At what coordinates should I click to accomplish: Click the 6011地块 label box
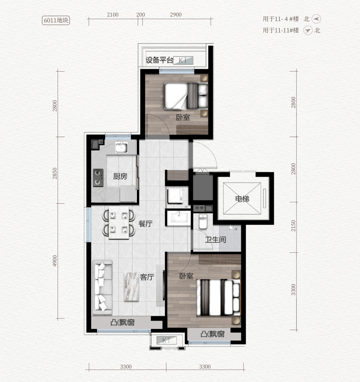tap(56, 20)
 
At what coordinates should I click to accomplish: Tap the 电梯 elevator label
tap(242, 199)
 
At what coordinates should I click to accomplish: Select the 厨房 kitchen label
tap(120, 176)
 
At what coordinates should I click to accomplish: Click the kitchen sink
tap(121, 148)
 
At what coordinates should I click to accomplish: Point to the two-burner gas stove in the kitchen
tap(98, 178)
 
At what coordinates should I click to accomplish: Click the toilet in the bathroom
tap(203, 221)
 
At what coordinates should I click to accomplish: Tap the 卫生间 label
tap(215, 240)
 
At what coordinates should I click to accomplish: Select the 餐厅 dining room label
tap(146, 224)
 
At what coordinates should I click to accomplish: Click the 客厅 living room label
tap(147, 277)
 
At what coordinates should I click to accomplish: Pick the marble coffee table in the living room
tap(131, 287)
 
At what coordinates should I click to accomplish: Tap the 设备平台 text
tap(159, 60)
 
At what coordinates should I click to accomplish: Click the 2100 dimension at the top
tap(113, 15)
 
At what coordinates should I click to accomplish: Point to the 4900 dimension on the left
tap(55, 261)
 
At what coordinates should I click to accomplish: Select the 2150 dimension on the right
tap(293, 226)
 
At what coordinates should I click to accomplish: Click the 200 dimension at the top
tap(140, 15)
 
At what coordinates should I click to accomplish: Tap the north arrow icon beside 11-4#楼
tap(316, 19)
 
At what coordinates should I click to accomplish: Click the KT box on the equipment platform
tap(183, 60)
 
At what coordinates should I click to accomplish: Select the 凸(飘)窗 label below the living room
tap(123, 323)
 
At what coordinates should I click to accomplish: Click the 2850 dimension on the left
tap(55, 173)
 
